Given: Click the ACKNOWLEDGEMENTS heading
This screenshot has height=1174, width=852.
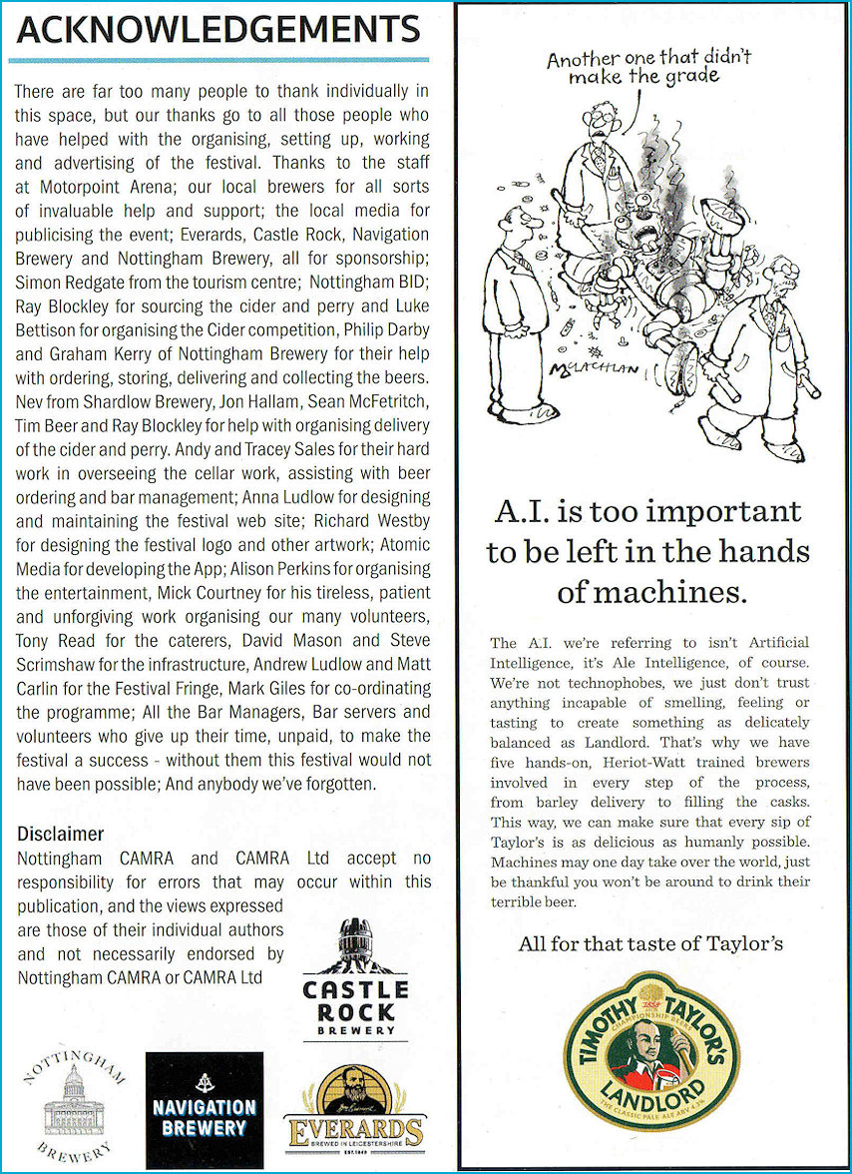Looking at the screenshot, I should coord(217,31).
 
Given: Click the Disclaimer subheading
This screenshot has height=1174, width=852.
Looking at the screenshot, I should coord(61,835).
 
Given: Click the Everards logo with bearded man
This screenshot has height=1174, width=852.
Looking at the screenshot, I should coord(353,1107).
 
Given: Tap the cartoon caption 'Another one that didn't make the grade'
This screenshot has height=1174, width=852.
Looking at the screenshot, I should coord(647,67).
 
